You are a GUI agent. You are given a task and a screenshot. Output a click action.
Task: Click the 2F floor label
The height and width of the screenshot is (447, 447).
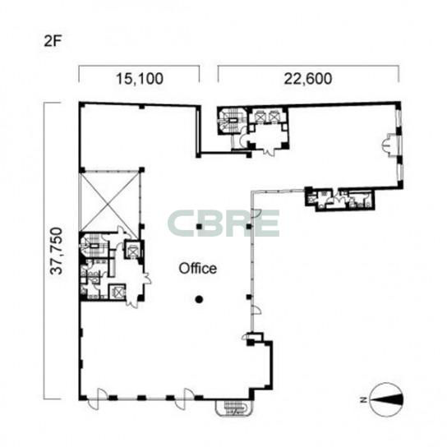tap(53, 41)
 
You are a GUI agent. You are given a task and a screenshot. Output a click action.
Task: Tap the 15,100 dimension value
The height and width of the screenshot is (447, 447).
tap(140, 79)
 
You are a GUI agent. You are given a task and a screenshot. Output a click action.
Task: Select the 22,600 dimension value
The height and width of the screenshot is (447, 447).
tap(308, 79)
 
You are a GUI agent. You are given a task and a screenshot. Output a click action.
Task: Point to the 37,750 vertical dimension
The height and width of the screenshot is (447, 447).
tap(56, 251)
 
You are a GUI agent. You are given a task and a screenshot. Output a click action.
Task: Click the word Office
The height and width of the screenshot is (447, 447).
tap(197, 269)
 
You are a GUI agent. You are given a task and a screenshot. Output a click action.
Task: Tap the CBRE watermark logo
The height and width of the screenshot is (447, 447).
tap(223, 223)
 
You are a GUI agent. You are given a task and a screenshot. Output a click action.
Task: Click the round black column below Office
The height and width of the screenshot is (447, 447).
tap(199, 299)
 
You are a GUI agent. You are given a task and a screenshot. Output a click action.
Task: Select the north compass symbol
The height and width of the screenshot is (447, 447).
tap(386, 399)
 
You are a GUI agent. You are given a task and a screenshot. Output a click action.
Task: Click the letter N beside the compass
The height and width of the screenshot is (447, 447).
tap(363, 399)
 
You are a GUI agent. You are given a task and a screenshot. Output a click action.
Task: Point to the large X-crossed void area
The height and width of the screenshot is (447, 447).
tap(110, 201)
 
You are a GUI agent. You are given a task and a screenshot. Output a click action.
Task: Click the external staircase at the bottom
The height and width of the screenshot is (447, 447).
tap(234, 408)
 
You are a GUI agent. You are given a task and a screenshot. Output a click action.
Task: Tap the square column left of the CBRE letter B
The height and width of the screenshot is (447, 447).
tap(200, 227)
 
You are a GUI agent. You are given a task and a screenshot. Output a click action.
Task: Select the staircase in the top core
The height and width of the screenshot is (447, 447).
tap(233, 121)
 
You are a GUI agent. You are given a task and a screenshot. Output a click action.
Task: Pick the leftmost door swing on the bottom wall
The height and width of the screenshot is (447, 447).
tap(95, 399)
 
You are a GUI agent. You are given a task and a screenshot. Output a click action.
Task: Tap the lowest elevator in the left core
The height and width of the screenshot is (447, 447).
tap(118, 292)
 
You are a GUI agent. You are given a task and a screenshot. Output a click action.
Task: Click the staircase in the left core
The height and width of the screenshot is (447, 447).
tap(93, 246)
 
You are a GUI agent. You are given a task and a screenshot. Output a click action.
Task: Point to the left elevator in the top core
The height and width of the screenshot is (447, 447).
tap(260, 117)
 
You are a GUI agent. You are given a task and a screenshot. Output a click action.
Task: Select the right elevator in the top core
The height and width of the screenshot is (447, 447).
tap(274, 117)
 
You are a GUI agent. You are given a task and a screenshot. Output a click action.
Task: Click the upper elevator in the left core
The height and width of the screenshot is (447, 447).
tap(132, 251)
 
